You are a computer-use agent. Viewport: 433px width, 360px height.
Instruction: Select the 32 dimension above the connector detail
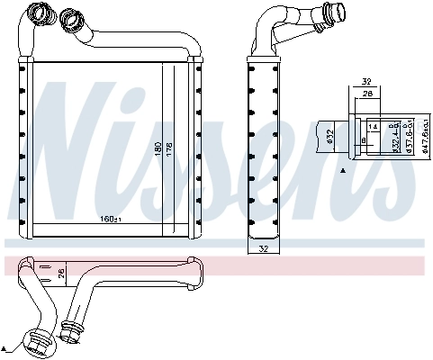pos(367,79)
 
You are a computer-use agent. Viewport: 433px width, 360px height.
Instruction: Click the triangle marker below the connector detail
pos(342,171)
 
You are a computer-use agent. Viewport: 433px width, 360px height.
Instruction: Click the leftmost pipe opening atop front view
pos(38,13)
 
